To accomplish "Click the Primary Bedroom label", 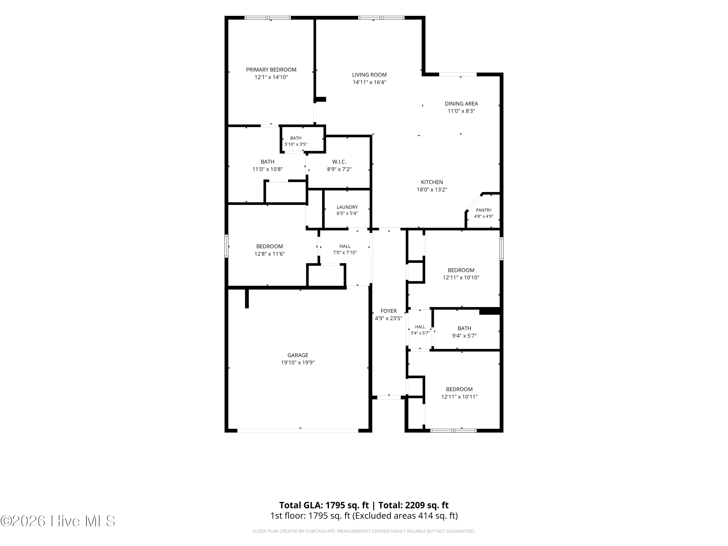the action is tap(271, 70).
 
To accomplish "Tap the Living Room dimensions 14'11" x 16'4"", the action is tap(369, 82).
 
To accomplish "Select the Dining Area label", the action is tap(461, 104).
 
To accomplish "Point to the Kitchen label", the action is tap(432, 182).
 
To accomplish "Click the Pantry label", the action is tap(483, 210).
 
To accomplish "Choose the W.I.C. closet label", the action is tap(339, 162).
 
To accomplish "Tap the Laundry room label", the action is tap(347, 207).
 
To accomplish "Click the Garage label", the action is tap(298, 355).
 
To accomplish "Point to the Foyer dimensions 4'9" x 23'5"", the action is tap(388, 318).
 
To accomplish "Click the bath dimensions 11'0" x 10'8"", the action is tap(267, 169).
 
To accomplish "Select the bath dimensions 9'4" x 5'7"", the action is tap(464, 336).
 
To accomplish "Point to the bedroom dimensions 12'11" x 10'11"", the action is tap(459, 397).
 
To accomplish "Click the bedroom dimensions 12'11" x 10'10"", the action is tap(461, 277).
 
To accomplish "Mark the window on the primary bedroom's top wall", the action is tap(268, 18).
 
